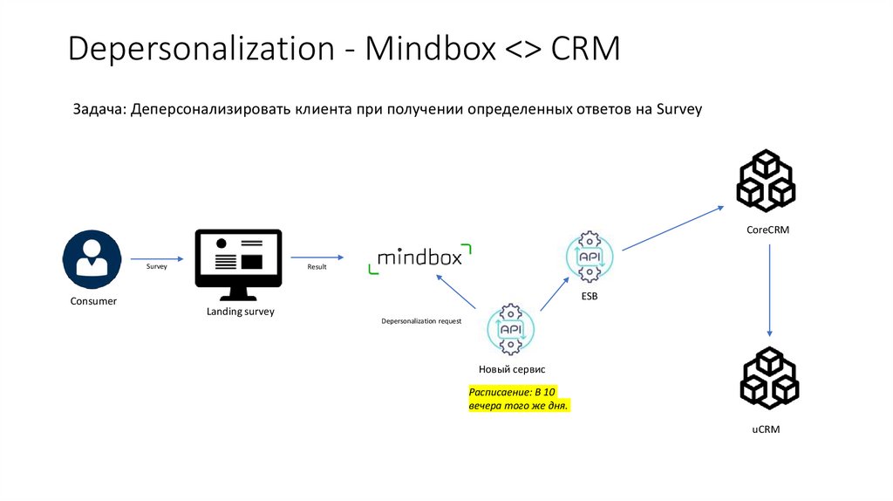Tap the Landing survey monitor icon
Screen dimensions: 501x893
[238, 263]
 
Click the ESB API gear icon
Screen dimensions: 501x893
[590, 257]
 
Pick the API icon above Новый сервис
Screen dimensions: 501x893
[510, 330]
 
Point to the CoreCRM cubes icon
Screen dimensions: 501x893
[766, 182]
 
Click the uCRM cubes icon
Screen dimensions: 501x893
[769, 378]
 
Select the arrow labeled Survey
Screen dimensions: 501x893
[157, 259]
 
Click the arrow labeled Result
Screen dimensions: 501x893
[317, 258]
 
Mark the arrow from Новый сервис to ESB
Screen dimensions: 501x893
[555, 295]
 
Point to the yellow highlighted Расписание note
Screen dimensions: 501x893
[519, 399]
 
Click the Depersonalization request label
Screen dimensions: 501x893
[421, 321]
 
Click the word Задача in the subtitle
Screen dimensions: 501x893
[99, 110]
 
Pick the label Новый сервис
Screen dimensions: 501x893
[512, 370]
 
